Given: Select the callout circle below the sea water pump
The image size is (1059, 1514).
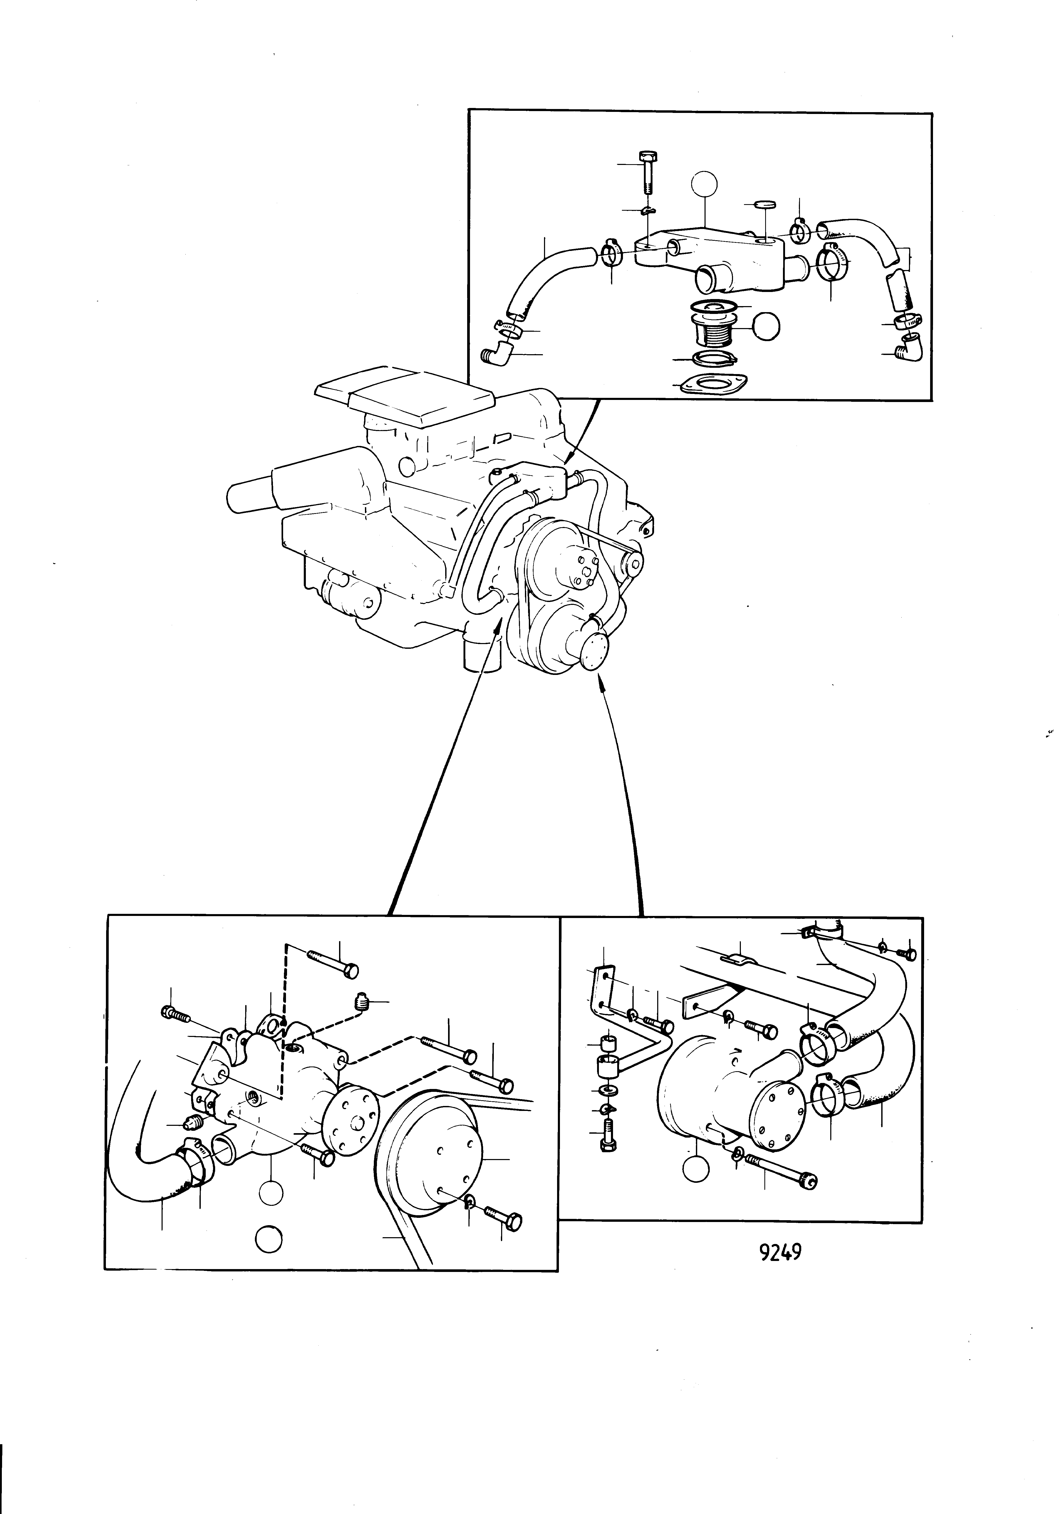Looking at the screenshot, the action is (696, 1169).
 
